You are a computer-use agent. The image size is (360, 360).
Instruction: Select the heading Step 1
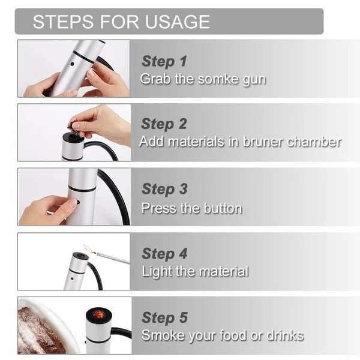(x=164, y=61)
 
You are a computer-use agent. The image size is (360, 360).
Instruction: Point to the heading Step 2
(x=164, y=124)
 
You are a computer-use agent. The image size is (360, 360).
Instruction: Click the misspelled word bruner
(x=263, y=142)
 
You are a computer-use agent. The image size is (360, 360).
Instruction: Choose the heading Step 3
(x=164, y=189)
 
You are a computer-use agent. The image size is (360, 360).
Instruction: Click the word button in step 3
(x=223, y=208)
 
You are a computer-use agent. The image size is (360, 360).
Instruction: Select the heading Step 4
(x=164, y=254)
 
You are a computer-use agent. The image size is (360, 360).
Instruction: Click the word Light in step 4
(x=157, y=272)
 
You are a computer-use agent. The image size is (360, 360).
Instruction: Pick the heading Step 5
(x=165, y=318)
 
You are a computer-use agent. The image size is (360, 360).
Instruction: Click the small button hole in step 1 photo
(x=73, y=64)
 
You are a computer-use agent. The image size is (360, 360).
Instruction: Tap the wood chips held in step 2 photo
(x=72, y=126)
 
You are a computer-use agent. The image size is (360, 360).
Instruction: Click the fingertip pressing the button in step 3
(x=74, y=203)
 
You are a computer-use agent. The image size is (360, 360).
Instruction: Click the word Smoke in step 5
(x=163, y=335)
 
